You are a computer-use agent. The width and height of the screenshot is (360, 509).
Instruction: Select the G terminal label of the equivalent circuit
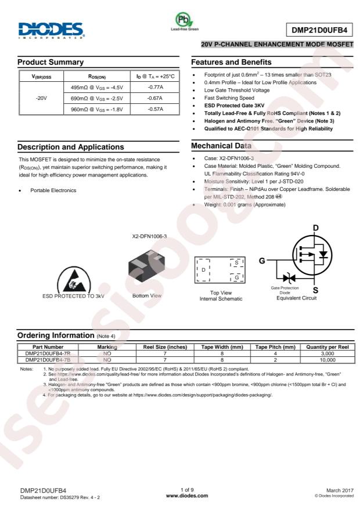(x=262, y=261)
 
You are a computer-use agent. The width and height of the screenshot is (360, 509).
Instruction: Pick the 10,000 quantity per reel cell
(x=329, y=360)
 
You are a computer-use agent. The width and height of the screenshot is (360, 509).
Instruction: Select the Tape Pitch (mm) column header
(x=276, y=346)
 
